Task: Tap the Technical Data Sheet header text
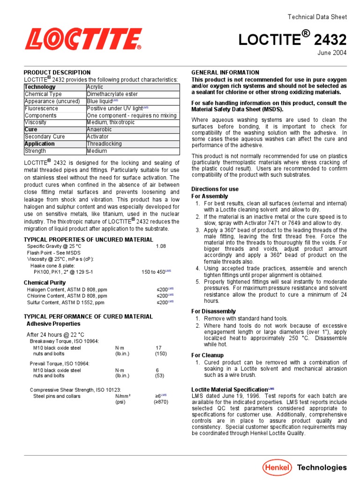pyautogui.click(x=317, y=17)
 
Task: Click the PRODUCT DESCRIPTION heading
pyautogui.click(x=57, y=73)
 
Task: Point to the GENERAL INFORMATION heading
pyautogui.click(x=225, y=73)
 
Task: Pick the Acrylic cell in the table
pyautogui.click(x=95, y=87)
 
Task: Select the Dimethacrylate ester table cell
pyautogui.click(x=111, y=94)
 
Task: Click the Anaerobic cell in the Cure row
pyautogui.click(x=99, y=129)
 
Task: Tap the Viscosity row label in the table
pyautogui.click(x=36, y=122)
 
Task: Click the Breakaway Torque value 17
pyautogui.click(x=158, y=348)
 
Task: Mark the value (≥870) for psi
pyautogui.click(x=161, y=402)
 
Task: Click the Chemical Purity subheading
pyautogui.click(x=45, y=283)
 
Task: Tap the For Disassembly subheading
pyautogui.click(x=213, y=311)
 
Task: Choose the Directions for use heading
pyautogui.click(x=215, y=189)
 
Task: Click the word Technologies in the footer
pyautogui.click(x=322, y=467)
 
